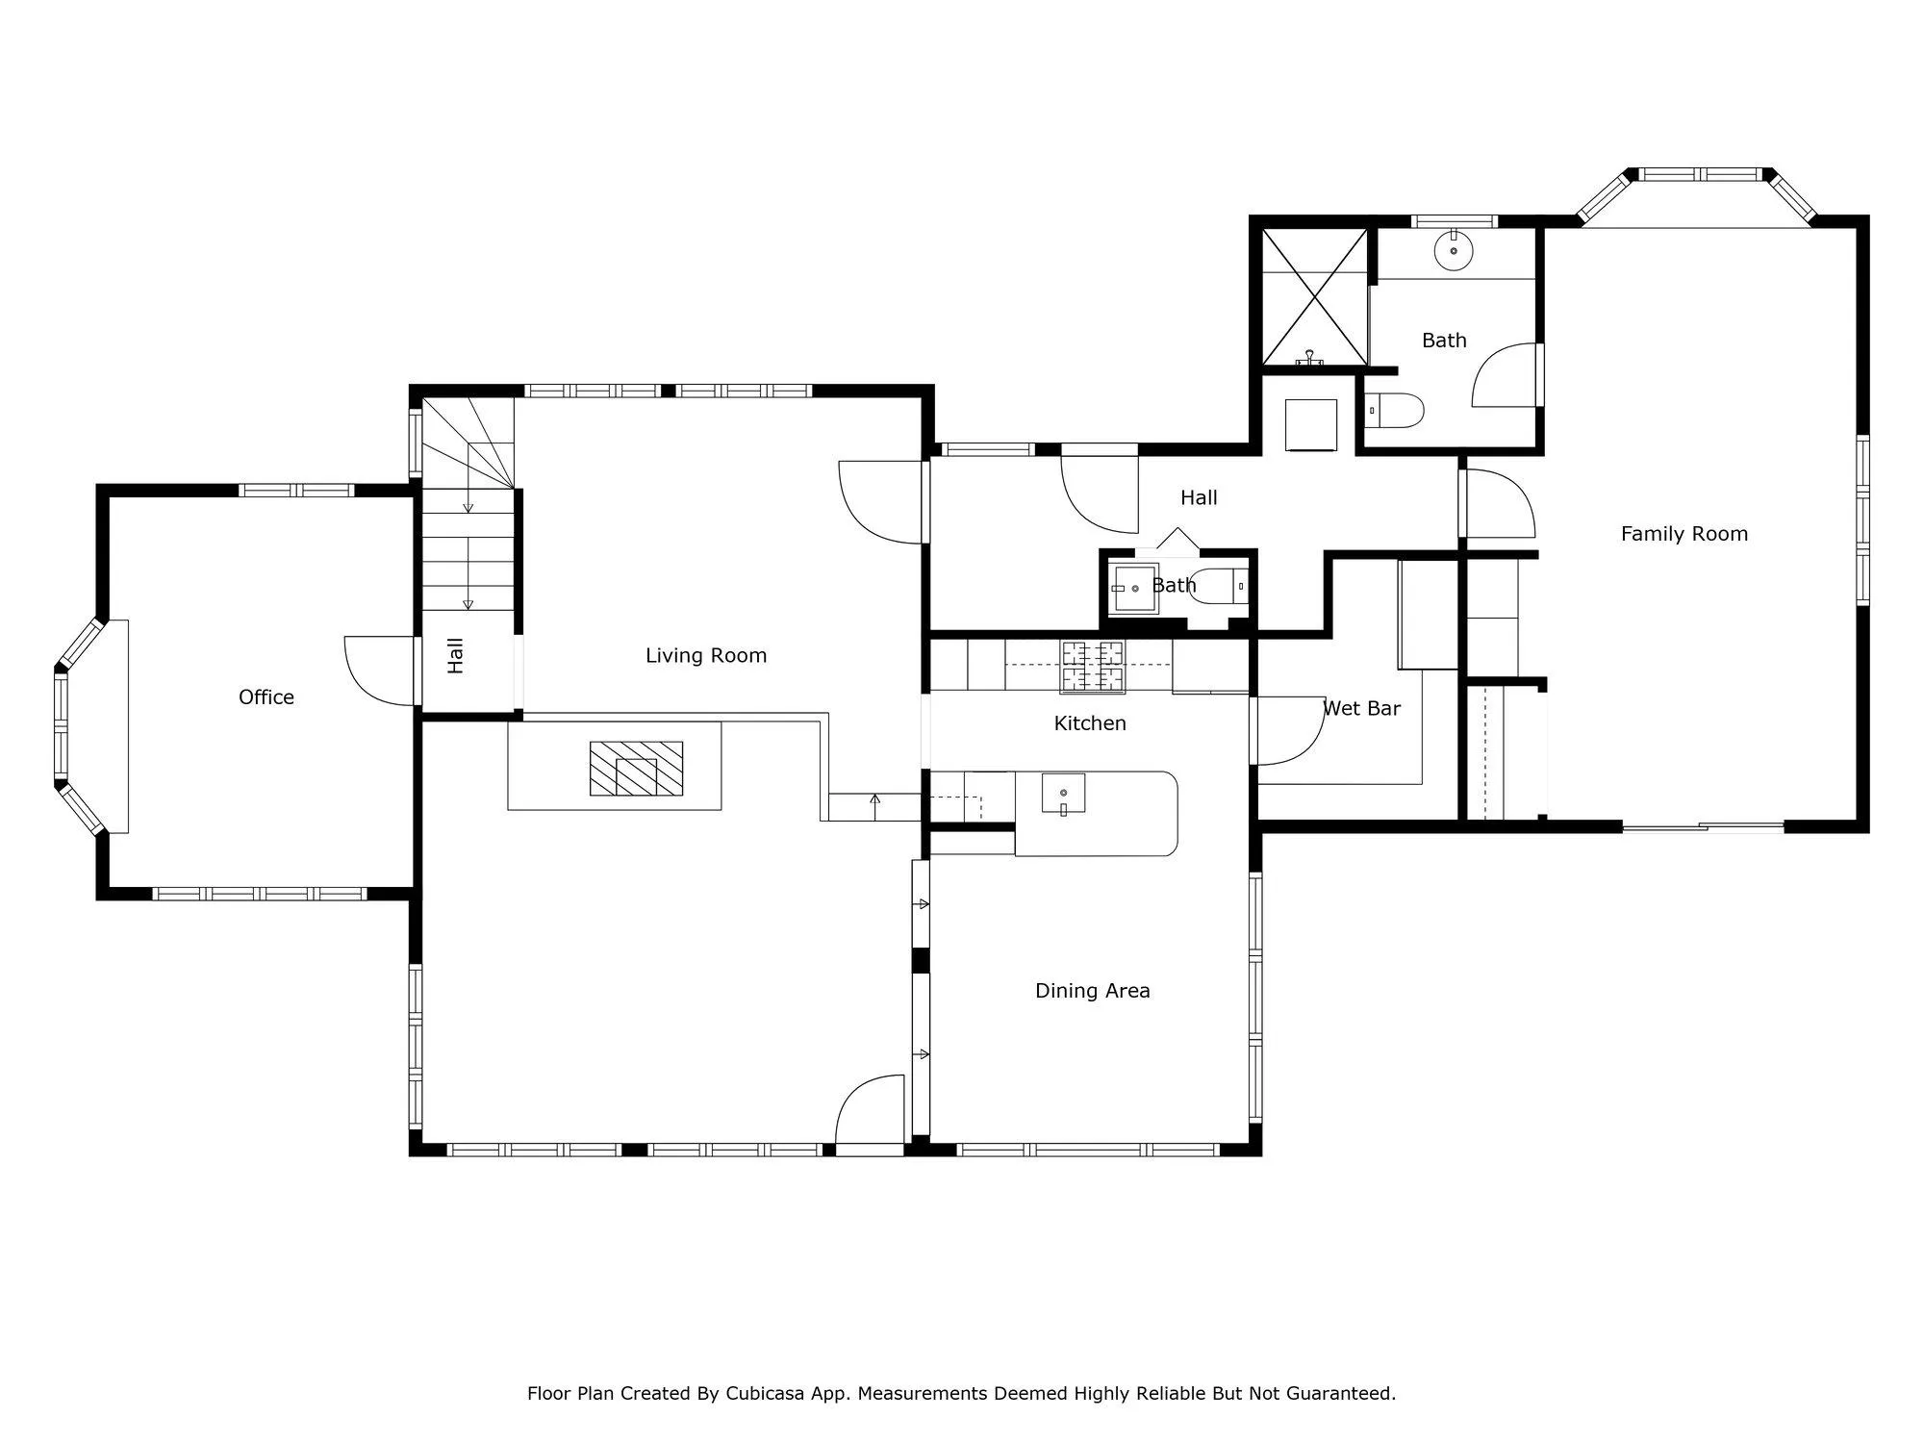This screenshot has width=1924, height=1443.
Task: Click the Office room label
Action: (x=266, y=697)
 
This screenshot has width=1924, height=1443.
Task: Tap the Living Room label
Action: (x=706, y=656)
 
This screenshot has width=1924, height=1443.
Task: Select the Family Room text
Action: (x=1684, y=534)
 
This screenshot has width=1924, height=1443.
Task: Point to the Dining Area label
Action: (x=1093, y=991)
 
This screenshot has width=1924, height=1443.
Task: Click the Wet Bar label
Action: (x=1361, y=709)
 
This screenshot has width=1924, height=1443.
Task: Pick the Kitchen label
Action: (x=1090, y=723)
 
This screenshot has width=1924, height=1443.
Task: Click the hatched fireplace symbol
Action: (x=636, y=769)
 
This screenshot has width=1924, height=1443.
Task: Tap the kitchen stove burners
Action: (x=1093, y=667)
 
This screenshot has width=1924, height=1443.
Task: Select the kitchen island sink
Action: (x=1063, y=794)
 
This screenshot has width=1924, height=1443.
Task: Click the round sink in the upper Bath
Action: (x=1454, y=251)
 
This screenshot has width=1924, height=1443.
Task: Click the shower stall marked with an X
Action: (x=1314, y=296)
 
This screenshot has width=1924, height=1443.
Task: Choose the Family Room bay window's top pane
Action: (x=1702, y=175)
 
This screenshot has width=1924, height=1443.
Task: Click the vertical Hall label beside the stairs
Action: (x=456, y=655)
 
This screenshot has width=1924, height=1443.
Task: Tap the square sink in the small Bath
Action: (x=1133, y=589)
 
